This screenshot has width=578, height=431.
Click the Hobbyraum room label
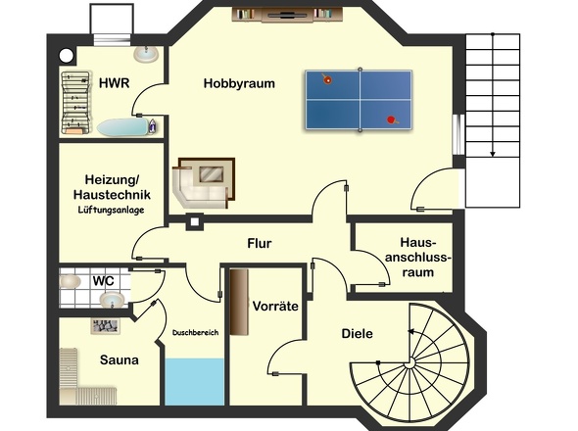[239, 83]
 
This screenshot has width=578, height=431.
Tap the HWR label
[115, 83]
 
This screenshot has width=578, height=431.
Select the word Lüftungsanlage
[111, 210]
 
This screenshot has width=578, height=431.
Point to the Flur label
[260, 243]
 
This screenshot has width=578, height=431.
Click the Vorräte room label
[275, 306]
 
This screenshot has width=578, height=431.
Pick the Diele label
[357, 334]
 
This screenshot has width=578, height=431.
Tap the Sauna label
[120, 359]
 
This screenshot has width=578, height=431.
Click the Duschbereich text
[195, 333]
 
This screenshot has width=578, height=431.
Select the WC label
[104, 281]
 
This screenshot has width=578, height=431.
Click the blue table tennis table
[359, 100]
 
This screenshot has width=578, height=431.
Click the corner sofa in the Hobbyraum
[204, 183]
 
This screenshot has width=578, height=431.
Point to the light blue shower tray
[194, 382]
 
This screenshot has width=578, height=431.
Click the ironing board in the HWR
[123, 127]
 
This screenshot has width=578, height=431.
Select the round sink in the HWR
[146, 54]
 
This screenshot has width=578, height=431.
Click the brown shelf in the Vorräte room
[239, 302]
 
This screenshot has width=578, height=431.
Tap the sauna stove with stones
[106, 326]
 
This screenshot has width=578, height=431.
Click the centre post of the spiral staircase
[409, 363]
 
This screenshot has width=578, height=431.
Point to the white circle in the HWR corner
[67, 56]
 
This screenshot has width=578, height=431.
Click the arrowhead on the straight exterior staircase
[493, 154]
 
